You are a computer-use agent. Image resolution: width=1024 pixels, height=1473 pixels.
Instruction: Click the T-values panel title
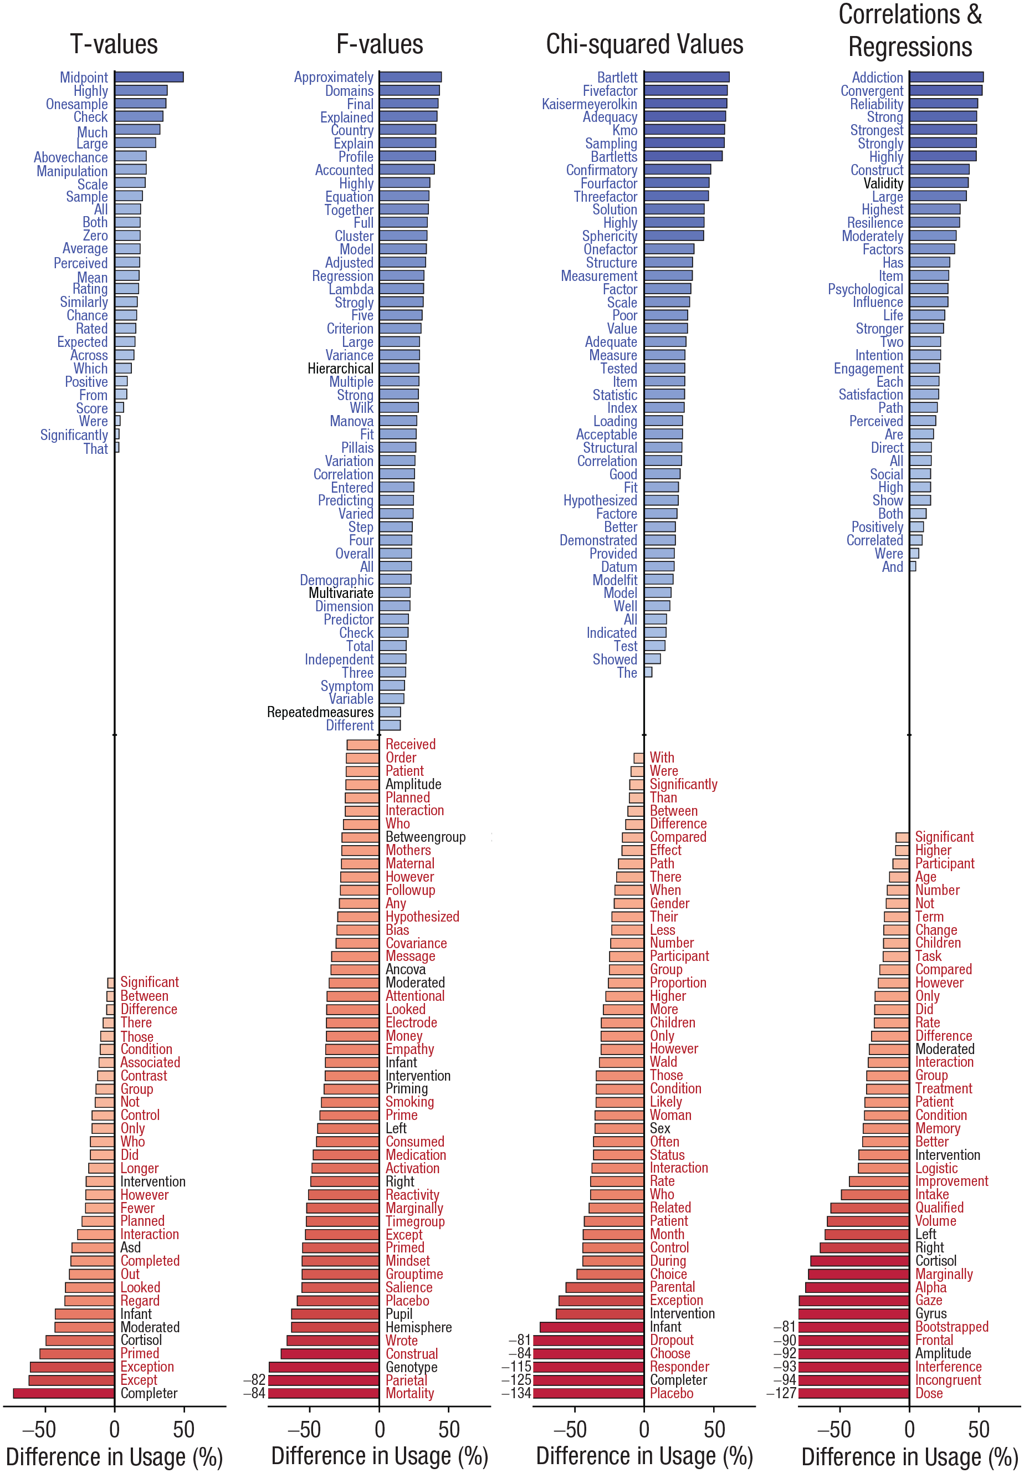click(114, 44)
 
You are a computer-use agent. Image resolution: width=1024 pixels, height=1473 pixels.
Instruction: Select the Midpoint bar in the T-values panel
click(149, 77)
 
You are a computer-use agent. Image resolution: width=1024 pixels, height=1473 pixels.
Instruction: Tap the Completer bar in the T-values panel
click(64, 1393)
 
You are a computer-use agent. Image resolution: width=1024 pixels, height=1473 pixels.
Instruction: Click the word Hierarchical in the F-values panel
click(340, 368)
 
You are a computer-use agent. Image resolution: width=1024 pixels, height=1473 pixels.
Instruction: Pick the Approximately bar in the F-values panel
click(410, 77)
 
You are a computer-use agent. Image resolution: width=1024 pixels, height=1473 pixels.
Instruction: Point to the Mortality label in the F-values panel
click(409, 1393)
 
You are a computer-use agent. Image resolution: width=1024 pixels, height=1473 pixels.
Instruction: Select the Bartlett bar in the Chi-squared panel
click(687, 77)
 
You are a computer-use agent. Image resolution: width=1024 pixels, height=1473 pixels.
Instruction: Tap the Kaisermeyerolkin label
click(589, 104)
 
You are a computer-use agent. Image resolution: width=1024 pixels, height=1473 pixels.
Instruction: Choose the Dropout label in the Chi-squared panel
click(671, 1340)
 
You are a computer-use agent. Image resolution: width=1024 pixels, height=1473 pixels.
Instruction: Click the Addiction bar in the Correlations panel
click(946, 77)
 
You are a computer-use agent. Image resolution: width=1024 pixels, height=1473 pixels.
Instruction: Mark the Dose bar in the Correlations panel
click(853, 1393)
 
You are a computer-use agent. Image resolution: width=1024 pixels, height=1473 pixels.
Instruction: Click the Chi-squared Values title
click(644, 44)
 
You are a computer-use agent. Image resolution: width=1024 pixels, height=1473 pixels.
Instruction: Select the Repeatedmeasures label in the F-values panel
click(320, 712)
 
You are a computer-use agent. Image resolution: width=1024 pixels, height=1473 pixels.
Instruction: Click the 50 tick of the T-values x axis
click(183, 1429)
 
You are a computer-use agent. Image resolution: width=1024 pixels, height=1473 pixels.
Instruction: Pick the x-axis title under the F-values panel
click(379, 1456)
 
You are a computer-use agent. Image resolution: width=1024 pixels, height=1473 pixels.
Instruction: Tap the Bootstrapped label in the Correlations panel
click(951, 1327)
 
